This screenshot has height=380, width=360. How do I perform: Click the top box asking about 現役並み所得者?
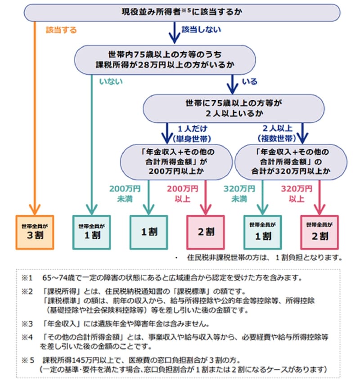click(182, 12)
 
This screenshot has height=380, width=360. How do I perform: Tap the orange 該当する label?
click(61, 30)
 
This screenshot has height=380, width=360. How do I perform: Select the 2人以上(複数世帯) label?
click(276, 133)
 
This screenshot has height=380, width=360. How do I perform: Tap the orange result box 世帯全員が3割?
click(35, 232)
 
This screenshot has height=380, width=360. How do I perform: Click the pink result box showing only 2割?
click(206, 232)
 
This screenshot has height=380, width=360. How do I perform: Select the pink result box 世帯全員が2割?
click(319, 232)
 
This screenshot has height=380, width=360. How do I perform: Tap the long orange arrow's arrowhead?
click(35, 209)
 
